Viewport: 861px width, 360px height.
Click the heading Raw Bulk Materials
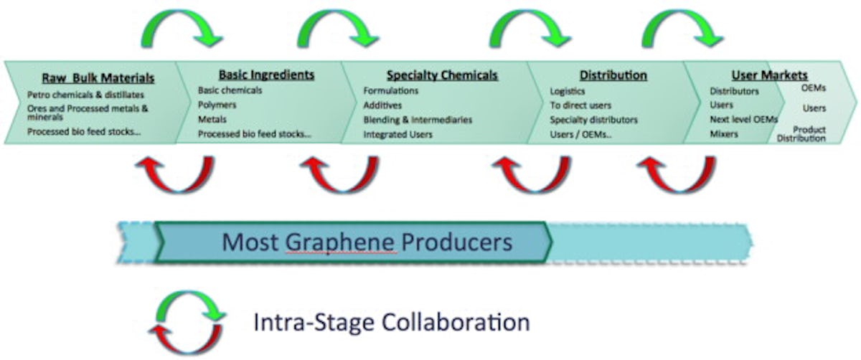pyautogui.click(x=98, y=78)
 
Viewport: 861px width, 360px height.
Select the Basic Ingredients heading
pyautogui.click(x=266, y=75)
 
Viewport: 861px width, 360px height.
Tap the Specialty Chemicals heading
pyautogui.click(x=442, y=75)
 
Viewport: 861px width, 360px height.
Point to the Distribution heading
pyautogui.click(x=613, y=75)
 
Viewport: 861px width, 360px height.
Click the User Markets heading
pyautogui.click(x=769, y=75)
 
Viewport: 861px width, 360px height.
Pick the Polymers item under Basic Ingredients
pyautogui.click(x=216, y=105)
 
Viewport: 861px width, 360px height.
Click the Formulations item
pyautogui.click(x=390, y=91)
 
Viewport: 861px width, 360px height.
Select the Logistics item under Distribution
pyautogui.click(x=567, y=92)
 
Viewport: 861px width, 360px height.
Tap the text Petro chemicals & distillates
pyautogui.click(x=85, y=94)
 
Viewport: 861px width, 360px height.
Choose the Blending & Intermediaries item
pyautogui.click(x=418, y=120)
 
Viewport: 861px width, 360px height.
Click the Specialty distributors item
pyautogui.click(x=593, y=120)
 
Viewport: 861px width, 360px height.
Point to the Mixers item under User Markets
pyautogui.click(x=724, y=134)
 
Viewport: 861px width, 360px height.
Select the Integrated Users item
pyautogui.click(x=397, y=134)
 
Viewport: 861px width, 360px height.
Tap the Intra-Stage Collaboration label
pyautogui.click(x=391, y=322)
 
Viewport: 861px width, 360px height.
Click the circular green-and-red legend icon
pyautogui.click(x=186, y=323)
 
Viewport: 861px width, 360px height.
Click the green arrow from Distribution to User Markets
pyautogui.click(x=682, y=29)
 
